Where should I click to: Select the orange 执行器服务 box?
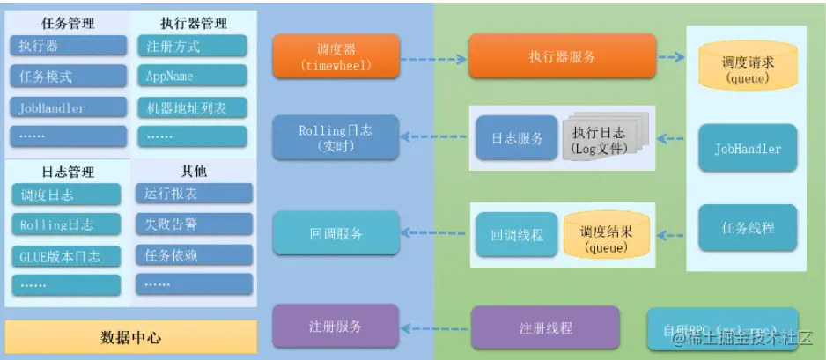[562, 56]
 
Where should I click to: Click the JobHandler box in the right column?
[748, 149]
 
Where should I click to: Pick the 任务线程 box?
[748, 228]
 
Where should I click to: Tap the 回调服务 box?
[336, 234]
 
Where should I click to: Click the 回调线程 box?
[516, 235]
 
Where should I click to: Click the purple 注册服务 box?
[336, 326]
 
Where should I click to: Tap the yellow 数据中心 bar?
[131, 337]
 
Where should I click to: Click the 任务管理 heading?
[68, 22]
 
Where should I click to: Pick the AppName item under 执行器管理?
[192, 77]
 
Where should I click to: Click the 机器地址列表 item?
[192, 108]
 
